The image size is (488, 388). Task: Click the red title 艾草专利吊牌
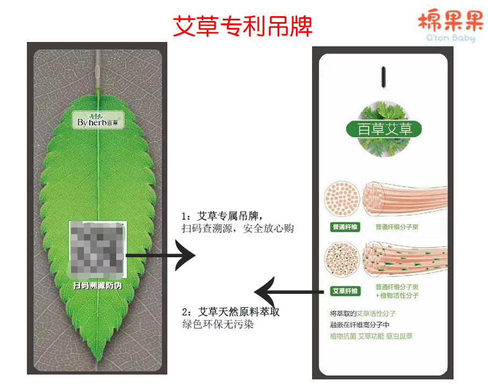pyautogui.click(x=243, y=25)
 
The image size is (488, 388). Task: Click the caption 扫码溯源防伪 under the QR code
pyautogui.click(x=97, y=286)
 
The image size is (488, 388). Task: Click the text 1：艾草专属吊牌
pyautogui.click(x=222, y=216)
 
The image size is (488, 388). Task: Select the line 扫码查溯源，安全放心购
pyautogui.click(x=238, y=229)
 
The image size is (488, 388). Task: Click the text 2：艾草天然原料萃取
pyautogui.click(x=231, y=312)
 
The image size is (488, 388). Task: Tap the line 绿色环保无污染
pyautogui.click(x=217, y=325)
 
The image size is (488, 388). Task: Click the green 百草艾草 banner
pyautogui.click(x=383, y=129)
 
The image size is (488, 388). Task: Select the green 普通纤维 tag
pyautogui.click(x=344, y=227)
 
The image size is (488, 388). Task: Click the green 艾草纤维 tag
pyautogui.click(x=344, y=291)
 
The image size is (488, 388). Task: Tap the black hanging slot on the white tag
pyautogui.click(x=383, y=76)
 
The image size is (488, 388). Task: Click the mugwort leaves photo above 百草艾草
pyautogui.click(x=383, y=111)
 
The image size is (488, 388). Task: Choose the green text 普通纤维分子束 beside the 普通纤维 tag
pyautogui.click(x=397, y=227)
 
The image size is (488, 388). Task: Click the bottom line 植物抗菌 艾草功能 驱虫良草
pyautogui.click(x=371, y=336)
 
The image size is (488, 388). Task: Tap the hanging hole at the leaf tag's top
pyautogui.click(x=97, y=71)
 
